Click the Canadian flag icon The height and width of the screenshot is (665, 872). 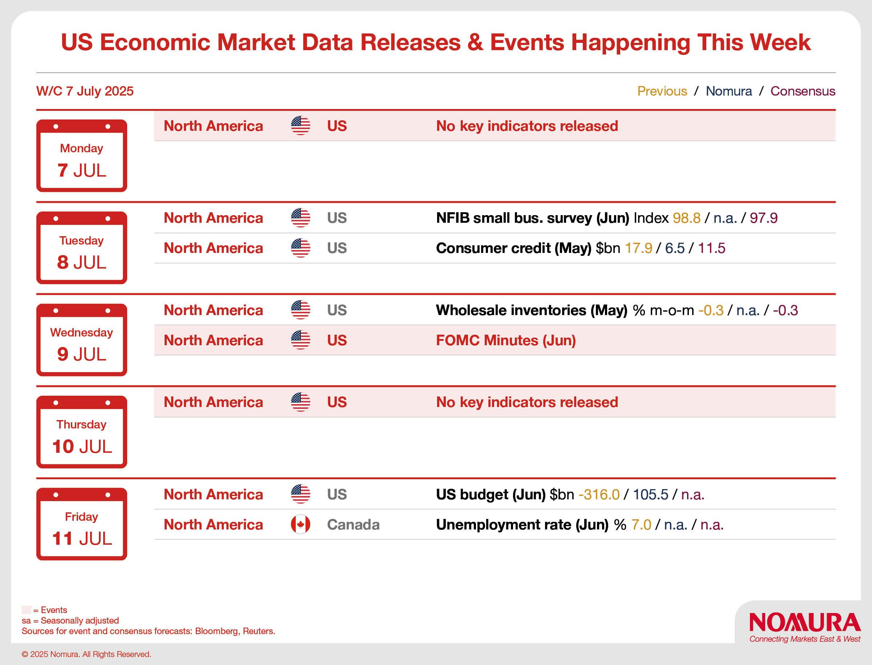300,524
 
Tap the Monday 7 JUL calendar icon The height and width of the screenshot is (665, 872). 81,156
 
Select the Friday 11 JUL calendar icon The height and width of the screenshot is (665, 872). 81,524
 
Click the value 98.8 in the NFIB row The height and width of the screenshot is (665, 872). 686,218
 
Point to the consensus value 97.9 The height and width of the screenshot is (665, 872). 763,218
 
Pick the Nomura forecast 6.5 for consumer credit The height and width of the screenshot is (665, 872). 675,248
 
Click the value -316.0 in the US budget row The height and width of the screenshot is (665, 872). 599,495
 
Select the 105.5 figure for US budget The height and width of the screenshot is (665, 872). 650,495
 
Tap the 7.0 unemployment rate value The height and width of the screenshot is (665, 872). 641,524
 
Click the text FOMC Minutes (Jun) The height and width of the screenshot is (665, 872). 506,340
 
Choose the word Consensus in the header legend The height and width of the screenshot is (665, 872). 803,91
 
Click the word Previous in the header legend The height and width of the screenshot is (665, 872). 662,91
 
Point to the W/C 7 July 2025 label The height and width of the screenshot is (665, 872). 85,91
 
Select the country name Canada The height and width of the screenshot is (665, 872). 353,524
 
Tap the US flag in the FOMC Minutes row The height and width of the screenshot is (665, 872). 300,340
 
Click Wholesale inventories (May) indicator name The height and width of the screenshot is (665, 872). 532,310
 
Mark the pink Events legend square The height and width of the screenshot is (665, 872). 26,610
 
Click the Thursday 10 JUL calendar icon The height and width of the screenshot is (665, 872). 81,432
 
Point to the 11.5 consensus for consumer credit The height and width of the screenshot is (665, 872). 711,248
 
